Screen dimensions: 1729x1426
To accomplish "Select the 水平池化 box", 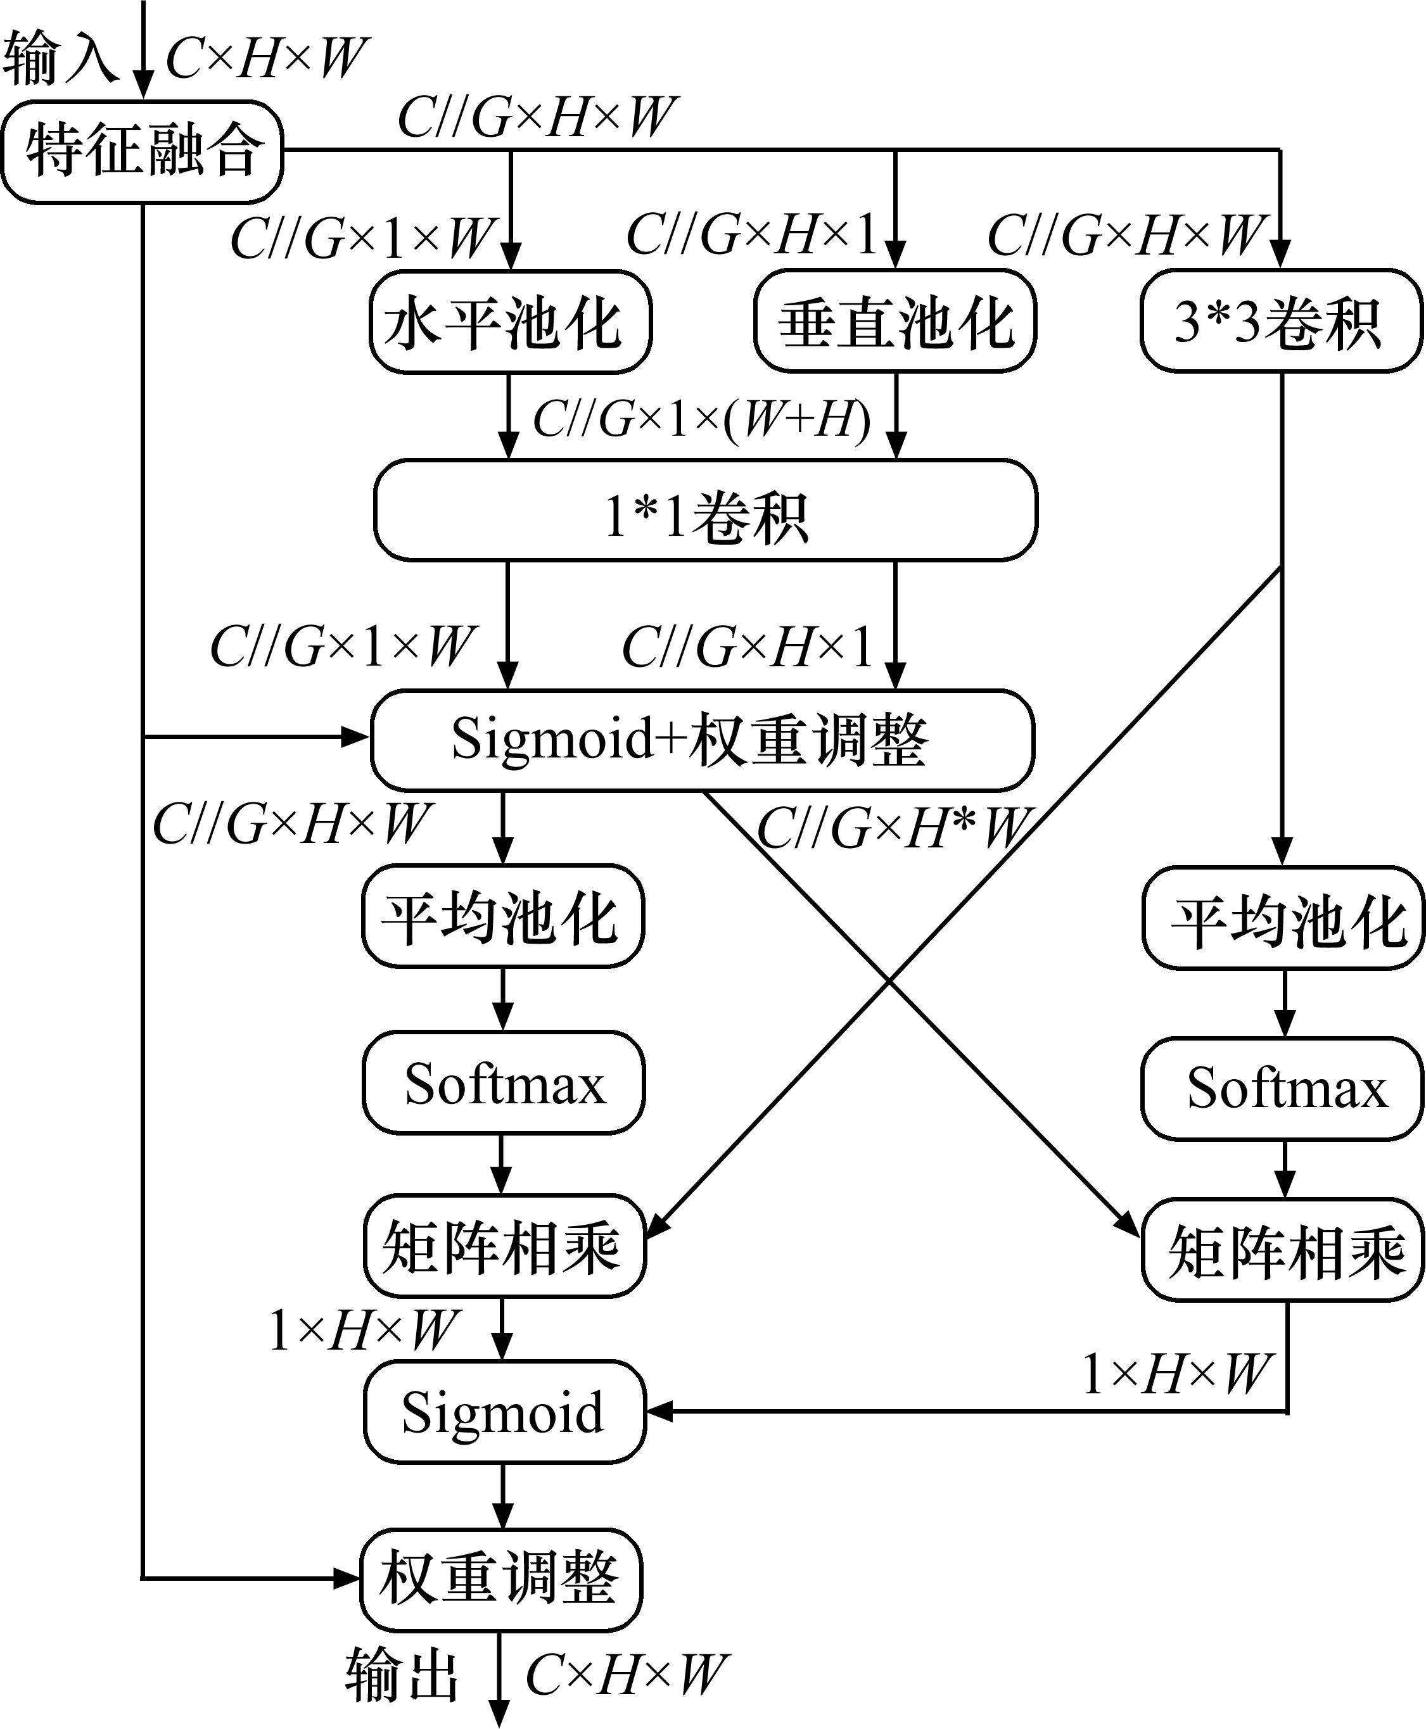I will pos(509,322).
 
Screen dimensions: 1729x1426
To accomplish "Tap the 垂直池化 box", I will pos(894,322).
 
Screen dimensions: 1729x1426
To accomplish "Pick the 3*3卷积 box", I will pos(1280,322).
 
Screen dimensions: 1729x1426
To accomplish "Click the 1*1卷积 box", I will pos(705,510).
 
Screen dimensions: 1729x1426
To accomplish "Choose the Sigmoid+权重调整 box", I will pos(703,740).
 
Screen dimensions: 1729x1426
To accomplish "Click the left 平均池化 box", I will pos(503,915).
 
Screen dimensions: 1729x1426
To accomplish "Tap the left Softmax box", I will pos(504,1084).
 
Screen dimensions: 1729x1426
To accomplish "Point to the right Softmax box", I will pos(1282,1088).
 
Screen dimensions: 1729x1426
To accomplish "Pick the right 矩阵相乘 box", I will pos(1282,1250).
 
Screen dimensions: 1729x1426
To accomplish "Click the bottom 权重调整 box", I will pos(501,1580).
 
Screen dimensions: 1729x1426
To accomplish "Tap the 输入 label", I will pos(59,59).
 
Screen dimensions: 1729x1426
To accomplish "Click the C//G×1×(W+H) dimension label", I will pos(703,421).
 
